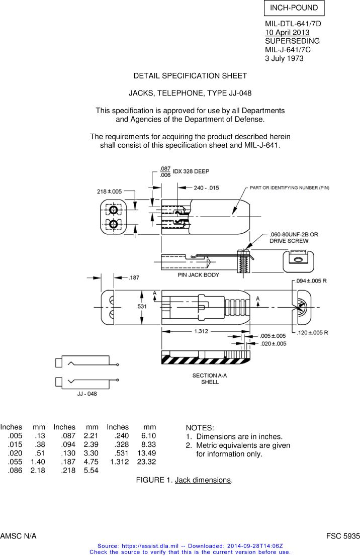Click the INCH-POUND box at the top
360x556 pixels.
point(294,8)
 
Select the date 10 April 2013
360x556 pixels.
point(287,33)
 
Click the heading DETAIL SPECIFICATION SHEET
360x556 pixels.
point(190,76)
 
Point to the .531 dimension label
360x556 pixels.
point(142,307)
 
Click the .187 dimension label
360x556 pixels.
point(134,277)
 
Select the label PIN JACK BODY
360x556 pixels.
point(198,275)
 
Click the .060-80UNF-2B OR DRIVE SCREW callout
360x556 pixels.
point(294,238)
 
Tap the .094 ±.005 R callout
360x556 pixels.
point(312,281)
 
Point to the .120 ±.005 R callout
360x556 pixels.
point(312,332)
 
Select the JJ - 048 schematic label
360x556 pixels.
point(84,394)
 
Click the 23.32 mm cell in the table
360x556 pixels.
point(146,461)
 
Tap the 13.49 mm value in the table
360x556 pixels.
point(146,453)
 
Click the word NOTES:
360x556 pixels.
point(200,428)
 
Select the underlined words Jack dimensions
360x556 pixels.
point(203,480)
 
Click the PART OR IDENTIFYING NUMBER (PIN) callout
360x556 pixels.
point(290,188)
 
